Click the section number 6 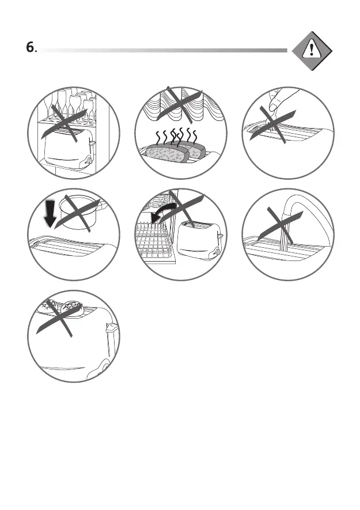click(31, 47)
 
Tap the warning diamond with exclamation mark click(312, 51)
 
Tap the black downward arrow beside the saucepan click(51, 213)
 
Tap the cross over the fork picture click(272, 124)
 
